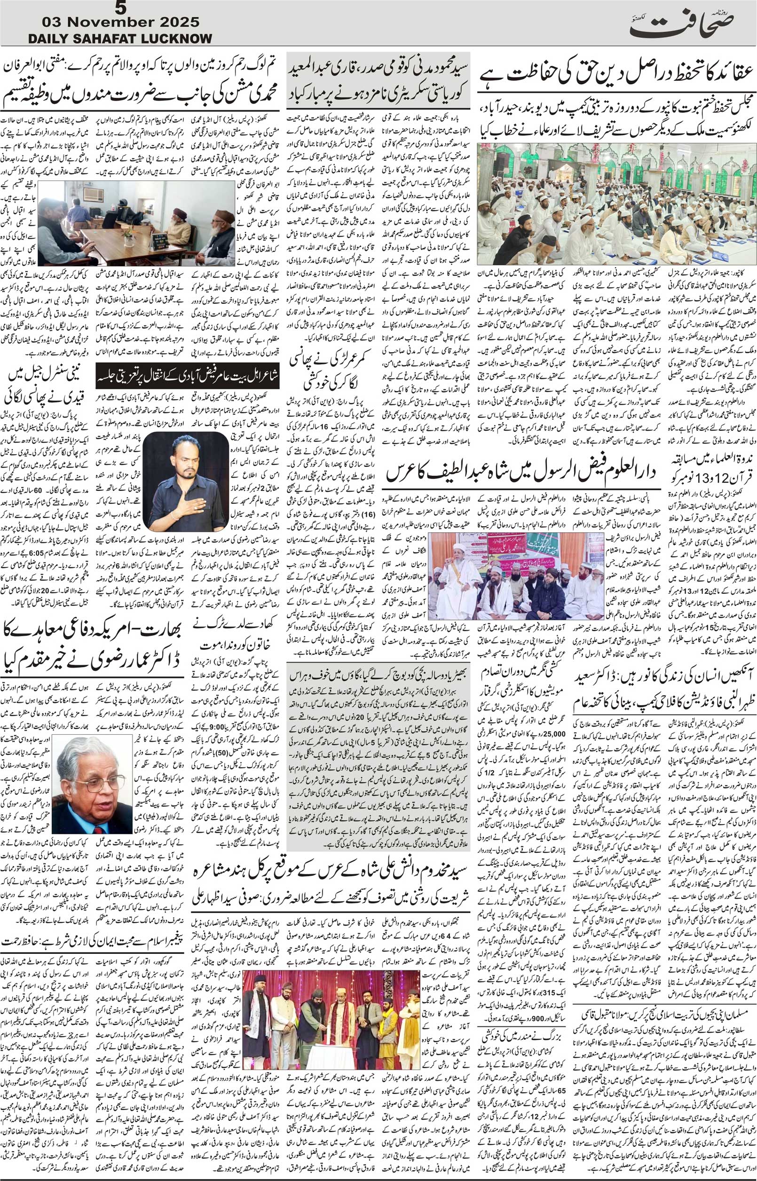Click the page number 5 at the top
(x=118, y=8)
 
